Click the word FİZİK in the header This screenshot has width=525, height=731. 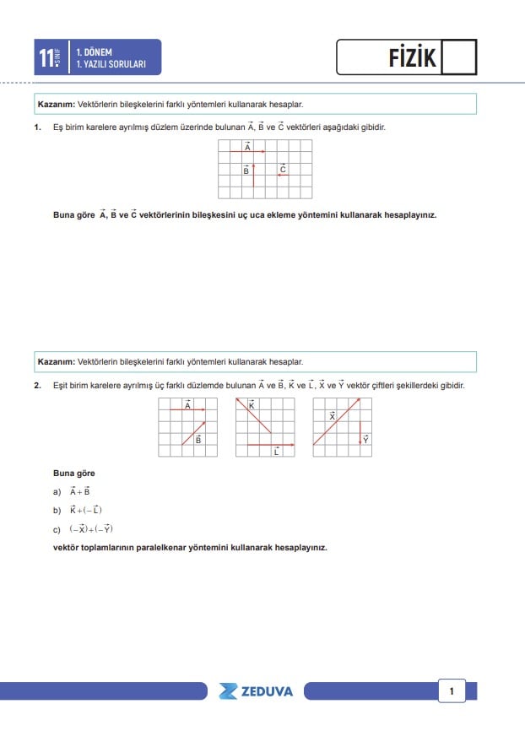(x=412, y=57)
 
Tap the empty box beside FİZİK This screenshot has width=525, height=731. (x=459, y=57)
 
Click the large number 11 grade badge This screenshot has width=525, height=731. (x=47, y=57)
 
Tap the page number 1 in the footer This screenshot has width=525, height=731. (x=452, y=691)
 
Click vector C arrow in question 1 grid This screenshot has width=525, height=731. (x=283, y=176)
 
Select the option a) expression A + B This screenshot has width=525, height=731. (x=80, y=491)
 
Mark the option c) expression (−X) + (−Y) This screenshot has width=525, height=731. (x=91, y=529)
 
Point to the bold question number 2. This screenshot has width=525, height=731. (x=38, y=386)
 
